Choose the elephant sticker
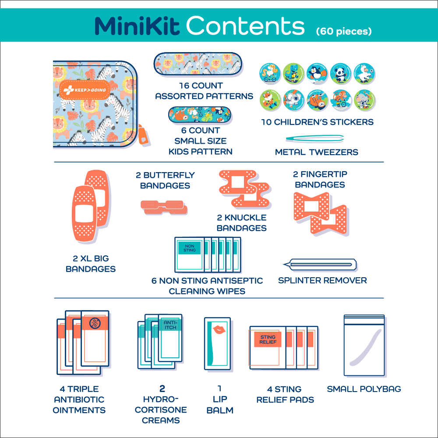coord(363,101)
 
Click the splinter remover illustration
coord(321,264)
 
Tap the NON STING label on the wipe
coord(189,248)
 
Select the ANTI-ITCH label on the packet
coord(169,325)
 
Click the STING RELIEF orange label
coord(267,340)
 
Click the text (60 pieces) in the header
coord(344,31)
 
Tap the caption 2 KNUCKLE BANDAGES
coord(241,223)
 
